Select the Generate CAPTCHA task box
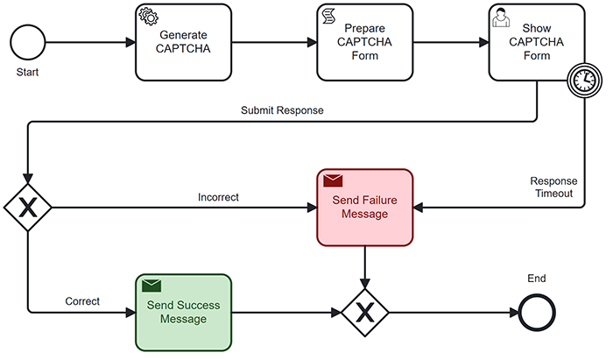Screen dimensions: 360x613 (x=183, y=41)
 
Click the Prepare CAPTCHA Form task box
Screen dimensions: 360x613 (x=364, y=41)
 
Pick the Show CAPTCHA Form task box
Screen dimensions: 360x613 (x=535, y=41)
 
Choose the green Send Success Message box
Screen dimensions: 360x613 (x=183, y=312)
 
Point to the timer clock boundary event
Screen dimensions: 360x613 (x=582, y=80)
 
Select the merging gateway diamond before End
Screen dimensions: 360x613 (x=364, y=312)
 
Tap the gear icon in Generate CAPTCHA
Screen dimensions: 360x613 (x=149, y=17)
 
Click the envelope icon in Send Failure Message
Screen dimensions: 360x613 (x=333, y=181)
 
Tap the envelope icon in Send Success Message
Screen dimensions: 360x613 (x=151, y=286)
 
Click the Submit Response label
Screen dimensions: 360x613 (x=282, y=110)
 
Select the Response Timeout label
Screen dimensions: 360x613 (x=553, y=187)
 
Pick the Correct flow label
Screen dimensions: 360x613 (x=82, y=301)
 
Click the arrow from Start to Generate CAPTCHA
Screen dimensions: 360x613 (x=88, y=41)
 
